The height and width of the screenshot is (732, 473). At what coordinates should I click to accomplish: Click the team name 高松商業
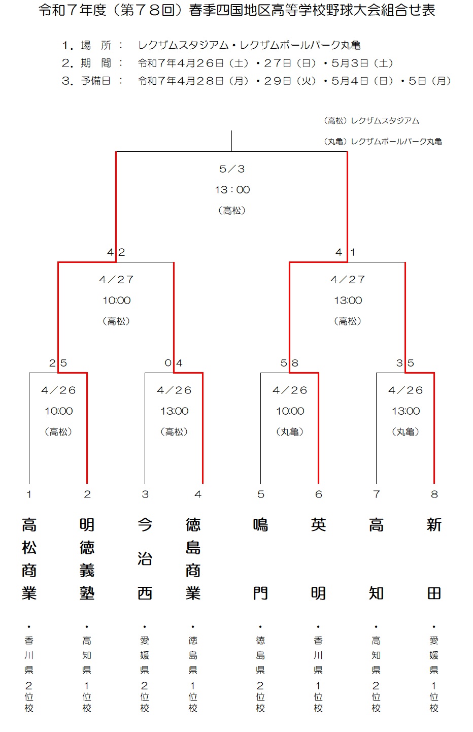(x=29, y=559)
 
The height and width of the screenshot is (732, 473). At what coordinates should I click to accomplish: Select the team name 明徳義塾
(x=87, y=559)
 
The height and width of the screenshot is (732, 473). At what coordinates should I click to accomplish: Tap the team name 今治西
(x=145, y=559)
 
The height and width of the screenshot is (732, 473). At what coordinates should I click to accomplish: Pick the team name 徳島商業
(x=193, y=559)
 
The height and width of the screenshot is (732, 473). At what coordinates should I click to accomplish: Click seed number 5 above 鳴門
(x=261, y=494)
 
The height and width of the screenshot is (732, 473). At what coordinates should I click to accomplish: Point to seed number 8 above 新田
(x=434, y=494)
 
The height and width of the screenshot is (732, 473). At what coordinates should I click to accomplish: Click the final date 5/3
(x=232, y=169)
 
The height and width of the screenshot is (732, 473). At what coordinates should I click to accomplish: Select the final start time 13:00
(x=232, y=189)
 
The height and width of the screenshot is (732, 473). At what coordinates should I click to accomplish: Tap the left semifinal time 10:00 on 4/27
(x=117, y=301)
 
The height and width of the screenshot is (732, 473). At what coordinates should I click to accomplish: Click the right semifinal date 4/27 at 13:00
(x=348, y=280)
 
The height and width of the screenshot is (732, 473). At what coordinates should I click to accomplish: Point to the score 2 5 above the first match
(x=58, y=363)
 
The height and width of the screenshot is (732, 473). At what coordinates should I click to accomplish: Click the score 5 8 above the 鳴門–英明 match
(x=289, y=363)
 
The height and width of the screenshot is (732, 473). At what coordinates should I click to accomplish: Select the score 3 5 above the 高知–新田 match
(x=405, y=363)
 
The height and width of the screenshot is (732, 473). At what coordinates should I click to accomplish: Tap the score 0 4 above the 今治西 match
(x=174, y=363)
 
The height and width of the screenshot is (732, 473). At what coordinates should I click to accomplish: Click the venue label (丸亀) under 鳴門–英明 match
(x=290, y=432)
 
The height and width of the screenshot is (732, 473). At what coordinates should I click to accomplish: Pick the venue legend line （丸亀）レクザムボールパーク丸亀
(x=383, y=142)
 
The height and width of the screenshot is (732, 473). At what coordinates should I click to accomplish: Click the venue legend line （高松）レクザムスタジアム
(x=371, y=121)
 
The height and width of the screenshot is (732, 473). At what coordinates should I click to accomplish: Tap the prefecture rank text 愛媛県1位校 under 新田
(x=434, y=674)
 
